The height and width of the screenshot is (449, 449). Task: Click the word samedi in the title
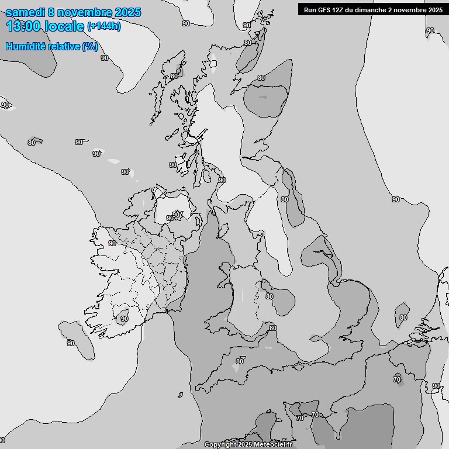tap(27, 12)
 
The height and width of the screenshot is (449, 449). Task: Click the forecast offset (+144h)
tap(103, 26)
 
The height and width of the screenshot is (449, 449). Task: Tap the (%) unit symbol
tap(90, 46)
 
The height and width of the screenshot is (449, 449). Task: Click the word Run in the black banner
tap(310, 9)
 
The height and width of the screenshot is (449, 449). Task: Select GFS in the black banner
tap(324, 9)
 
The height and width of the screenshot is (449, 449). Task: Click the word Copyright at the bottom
tap(219, 445)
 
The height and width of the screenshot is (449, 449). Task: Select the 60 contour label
tap(240, 361)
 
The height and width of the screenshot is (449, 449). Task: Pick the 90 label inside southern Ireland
tap(124, 319)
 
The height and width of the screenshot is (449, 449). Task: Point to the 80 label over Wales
tap(269, 296)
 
